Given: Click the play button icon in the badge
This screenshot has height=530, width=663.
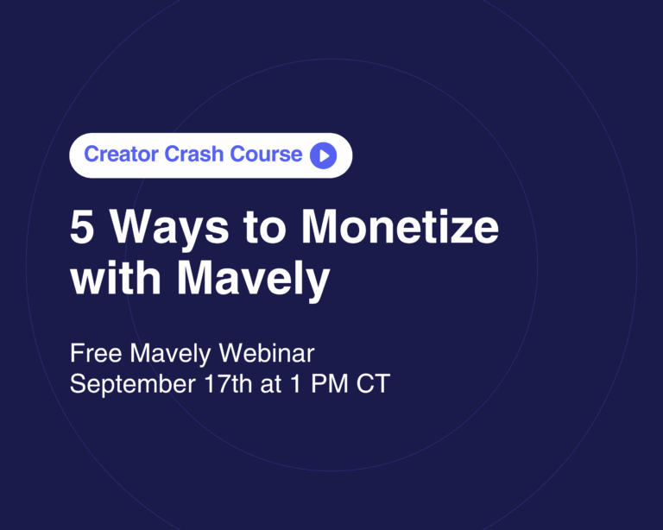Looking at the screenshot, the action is click(x=324, y=155).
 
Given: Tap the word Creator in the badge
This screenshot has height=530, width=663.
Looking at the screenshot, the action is click(x=122, y=154).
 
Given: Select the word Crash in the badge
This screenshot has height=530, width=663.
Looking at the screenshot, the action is click(x=194, y=154).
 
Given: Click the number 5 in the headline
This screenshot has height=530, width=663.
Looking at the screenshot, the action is click(x=82, y=227).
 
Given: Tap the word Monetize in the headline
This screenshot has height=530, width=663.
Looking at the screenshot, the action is click(x=400, y=227).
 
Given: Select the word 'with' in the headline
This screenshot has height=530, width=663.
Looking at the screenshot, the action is click(x=116, y=277).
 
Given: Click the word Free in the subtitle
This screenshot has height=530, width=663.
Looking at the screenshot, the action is click(x=96, y=353).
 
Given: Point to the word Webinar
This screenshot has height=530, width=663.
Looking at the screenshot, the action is click(x=267, y=353).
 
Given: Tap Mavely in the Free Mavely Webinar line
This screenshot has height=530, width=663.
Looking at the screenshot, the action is click(x=170, y=355).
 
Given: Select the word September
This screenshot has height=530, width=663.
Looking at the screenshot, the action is click(x=133, y=385).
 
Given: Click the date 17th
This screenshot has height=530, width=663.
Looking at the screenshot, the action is click(x=228, y=384).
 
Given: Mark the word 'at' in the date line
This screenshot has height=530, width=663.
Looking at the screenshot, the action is click(x=270, y=385).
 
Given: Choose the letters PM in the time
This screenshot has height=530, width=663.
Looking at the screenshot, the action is click(x=330, y=384).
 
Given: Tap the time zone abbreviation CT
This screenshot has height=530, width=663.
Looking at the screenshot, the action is click(x=373, y=384).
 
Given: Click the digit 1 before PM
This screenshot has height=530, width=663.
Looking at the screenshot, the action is click(x=296, y=384).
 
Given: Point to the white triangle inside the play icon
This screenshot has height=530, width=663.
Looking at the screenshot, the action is click(x=325, y=155).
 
